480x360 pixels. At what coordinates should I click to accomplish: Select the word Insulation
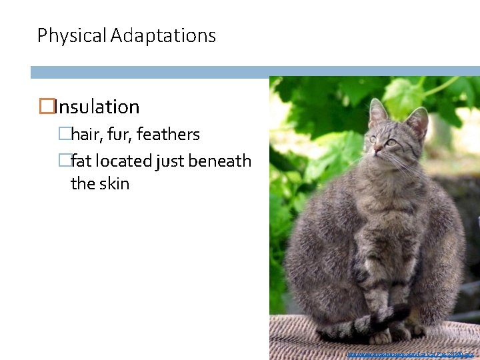(x=97, y=107)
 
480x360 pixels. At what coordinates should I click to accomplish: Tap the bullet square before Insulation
(x=46, y=107)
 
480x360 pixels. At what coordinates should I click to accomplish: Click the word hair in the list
(x=85, y=134)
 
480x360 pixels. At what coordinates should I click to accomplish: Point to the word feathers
(x=169, y=134)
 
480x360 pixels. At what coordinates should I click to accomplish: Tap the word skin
(x=115, y=183)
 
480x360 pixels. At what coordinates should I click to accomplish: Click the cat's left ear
(x=378, y=111)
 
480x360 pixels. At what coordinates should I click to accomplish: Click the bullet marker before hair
(x=64, y=134)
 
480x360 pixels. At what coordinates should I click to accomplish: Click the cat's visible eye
(x=391, y=142)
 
